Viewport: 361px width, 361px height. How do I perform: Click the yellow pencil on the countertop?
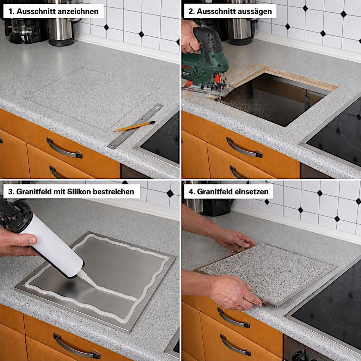pos(135,126)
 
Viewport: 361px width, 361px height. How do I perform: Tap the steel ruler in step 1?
pos(135,126)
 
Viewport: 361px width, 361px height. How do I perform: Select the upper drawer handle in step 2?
pos(244,148)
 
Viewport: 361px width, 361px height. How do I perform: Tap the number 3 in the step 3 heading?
pos(10,191)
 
